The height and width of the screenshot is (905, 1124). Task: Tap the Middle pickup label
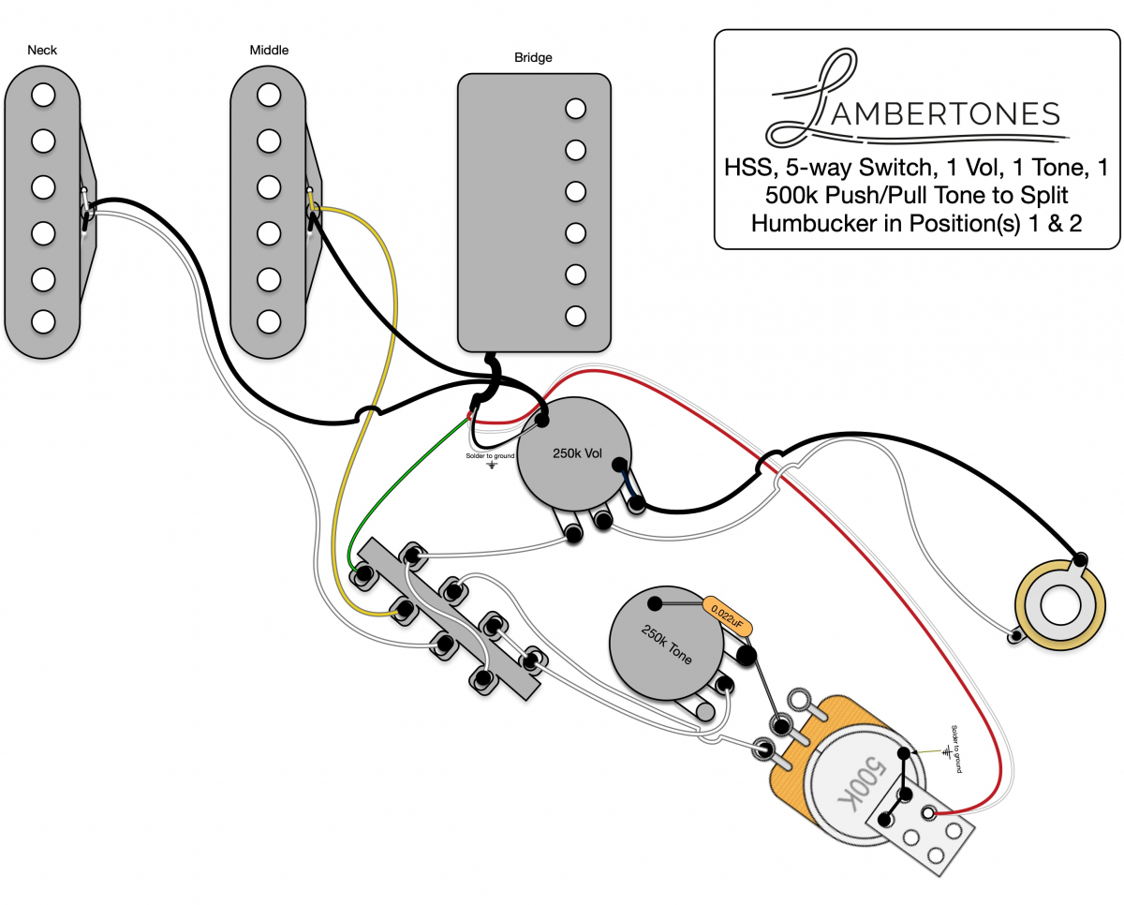269,49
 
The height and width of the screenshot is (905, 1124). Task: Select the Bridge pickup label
533,57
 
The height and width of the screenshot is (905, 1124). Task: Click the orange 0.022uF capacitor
727,614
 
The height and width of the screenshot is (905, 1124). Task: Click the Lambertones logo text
946,113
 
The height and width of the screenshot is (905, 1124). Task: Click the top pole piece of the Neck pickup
42,95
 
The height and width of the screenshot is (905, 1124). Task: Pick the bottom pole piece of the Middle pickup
269,320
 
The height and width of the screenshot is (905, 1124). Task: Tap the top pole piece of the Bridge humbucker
575,108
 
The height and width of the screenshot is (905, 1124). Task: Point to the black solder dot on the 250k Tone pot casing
654,601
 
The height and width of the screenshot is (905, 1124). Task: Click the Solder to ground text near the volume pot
490,455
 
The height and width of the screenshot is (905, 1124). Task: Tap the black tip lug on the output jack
1083,558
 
